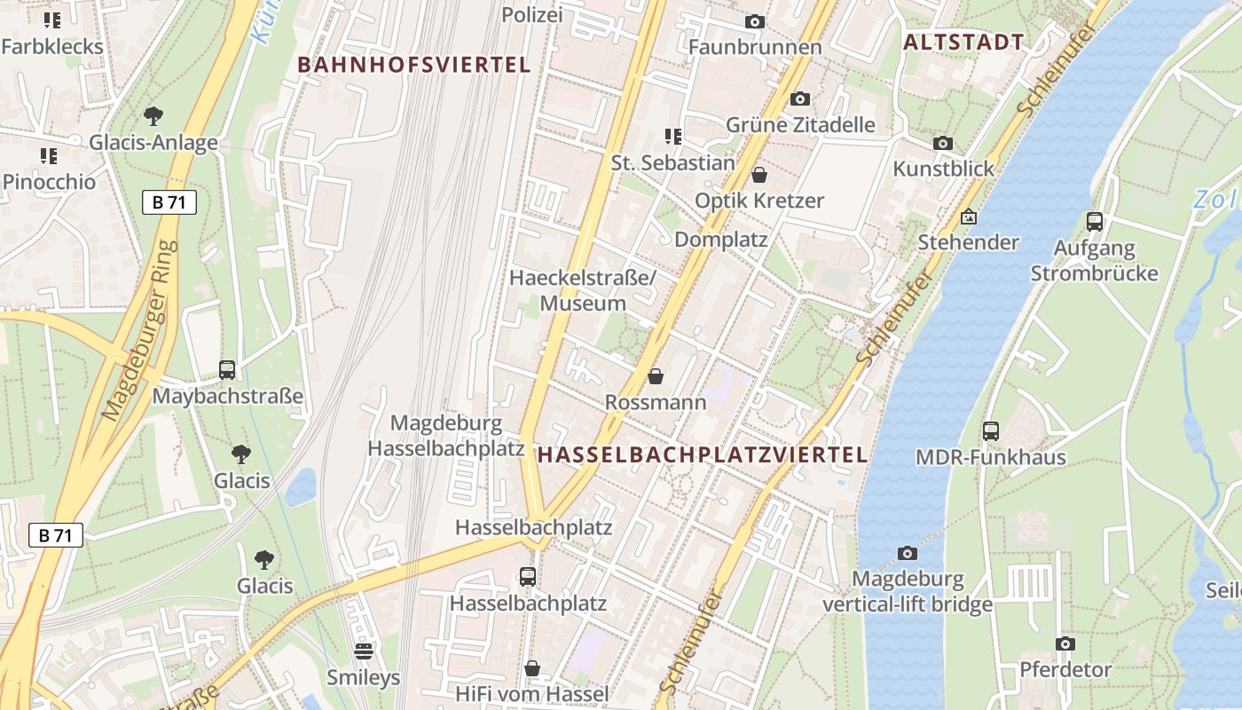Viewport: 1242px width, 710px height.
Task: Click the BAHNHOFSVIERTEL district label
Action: (x=413, y=65)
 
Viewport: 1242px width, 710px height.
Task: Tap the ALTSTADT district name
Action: (x=963, y=42)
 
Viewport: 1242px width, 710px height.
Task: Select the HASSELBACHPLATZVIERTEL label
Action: (x=702, y=455)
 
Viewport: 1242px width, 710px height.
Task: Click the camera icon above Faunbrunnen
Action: (x=754, y=21)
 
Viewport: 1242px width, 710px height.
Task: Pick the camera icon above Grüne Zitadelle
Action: (x=799, y=99)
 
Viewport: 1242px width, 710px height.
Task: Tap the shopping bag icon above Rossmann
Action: (x=656, y=377)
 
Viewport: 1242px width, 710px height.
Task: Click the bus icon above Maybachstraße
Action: (x=227, y=370)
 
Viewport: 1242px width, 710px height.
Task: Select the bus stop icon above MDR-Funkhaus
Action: (x=990, y=431)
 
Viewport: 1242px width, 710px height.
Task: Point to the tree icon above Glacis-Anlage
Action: (x=153, y=115)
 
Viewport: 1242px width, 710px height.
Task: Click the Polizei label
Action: (x=532, y=15)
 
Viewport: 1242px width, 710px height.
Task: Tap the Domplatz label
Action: (x=720, y=240)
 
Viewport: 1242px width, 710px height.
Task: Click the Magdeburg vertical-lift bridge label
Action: (x=907, y=592)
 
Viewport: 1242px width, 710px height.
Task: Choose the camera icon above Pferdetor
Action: (x=1065, y=643)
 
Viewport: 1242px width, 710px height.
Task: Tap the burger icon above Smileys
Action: (x=363, y=652)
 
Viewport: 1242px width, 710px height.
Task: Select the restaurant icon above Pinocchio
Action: (x=48, y=156)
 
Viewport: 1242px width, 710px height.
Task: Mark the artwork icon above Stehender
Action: (x=968, y=217)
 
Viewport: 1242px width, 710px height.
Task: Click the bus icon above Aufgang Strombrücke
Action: (x=1094, y=222)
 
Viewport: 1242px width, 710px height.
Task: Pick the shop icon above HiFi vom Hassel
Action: (x=532, y=668)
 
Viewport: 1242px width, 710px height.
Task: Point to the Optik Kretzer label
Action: (x=759, y=201)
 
